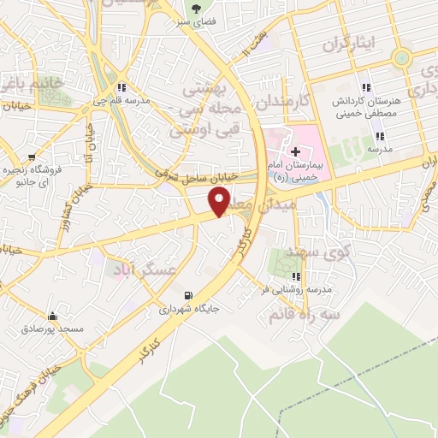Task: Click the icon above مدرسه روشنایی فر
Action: click(297, 276)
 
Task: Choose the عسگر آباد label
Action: click(141, 269)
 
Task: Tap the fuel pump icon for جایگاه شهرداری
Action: click(188, 295)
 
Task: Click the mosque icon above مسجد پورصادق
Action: click(53, 316)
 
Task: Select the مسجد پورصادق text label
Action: click(53, 328)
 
